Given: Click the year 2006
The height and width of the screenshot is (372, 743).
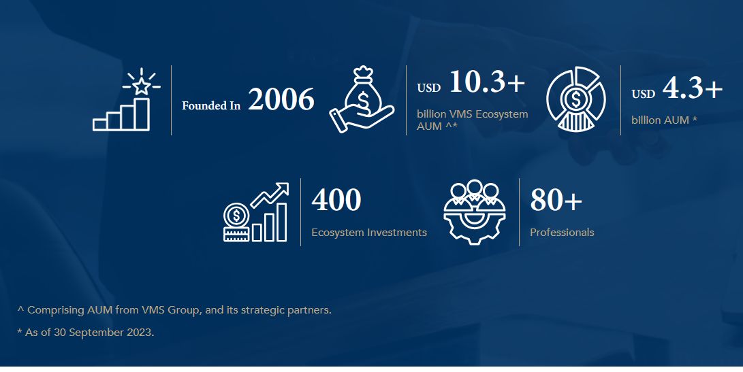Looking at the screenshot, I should click(x=281, y=101).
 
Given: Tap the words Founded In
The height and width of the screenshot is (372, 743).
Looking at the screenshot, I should click(x=211, y=106).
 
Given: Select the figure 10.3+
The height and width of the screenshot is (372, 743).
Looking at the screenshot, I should click(x=487, y=82).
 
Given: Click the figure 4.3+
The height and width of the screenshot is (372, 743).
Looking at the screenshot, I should click(x=692, y=89).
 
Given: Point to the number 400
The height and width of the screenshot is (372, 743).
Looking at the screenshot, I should click(x=336, y=201).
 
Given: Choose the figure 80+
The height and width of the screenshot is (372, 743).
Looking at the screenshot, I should click(x=556, y=201).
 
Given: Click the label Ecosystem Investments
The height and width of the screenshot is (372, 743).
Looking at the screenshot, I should click(x=369, y=233).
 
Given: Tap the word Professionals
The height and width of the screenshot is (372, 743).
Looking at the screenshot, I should click(x=562, y=233).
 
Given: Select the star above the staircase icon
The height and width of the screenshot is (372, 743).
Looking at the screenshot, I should click(x=142, y=86).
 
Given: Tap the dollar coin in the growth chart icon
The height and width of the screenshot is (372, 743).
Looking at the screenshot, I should click(x=236, y=216).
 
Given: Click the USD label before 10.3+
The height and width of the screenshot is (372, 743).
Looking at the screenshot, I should click(x=428, y=88).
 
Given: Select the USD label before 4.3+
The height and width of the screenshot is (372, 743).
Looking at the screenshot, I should click(x=643, y=95).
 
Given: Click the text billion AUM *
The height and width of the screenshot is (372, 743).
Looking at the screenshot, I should click(x=664, y=120).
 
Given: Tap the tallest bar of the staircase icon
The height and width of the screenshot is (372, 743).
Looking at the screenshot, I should click(x=142, y=114).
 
